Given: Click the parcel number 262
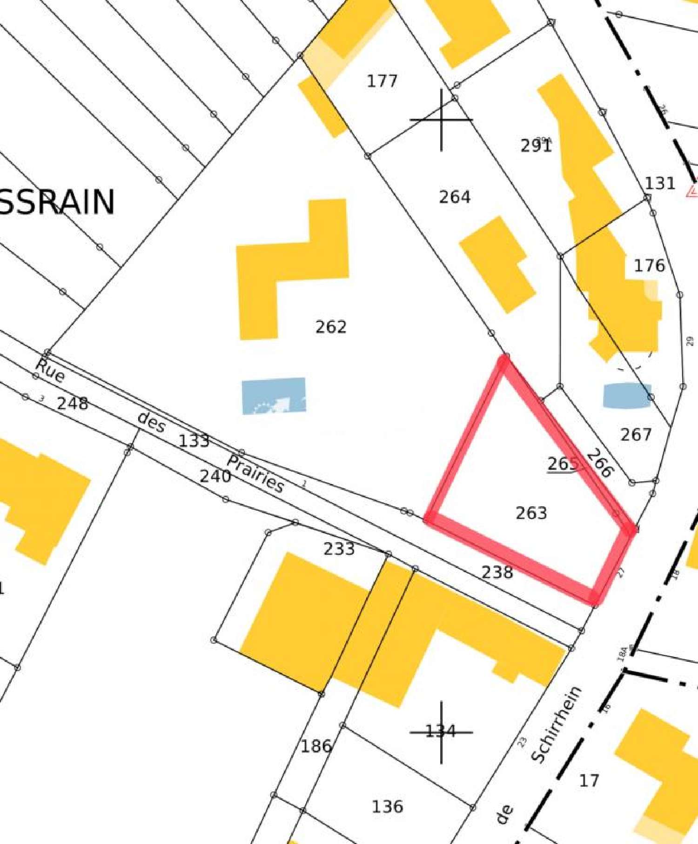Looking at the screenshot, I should (331, 327).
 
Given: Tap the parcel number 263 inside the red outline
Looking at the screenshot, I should (531, 513).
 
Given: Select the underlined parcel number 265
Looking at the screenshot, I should (563, 464).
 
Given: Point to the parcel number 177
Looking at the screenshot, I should (382, 81).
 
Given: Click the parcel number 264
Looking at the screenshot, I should (455, 197).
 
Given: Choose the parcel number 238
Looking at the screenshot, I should (497, 572).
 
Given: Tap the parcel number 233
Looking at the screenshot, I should (339, 549).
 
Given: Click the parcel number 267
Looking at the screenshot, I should (636, 435).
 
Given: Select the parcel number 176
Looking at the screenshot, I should (650, 266).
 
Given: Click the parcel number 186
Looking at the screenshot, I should (316, 746).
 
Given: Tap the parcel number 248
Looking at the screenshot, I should (72, 404).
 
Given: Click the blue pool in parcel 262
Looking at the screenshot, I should (274, 396).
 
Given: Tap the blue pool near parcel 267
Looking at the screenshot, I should (626, 396).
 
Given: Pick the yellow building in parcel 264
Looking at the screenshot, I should (497, 264).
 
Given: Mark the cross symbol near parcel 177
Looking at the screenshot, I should (441, 120).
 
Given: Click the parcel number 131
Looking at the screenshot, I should (660, 184).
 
